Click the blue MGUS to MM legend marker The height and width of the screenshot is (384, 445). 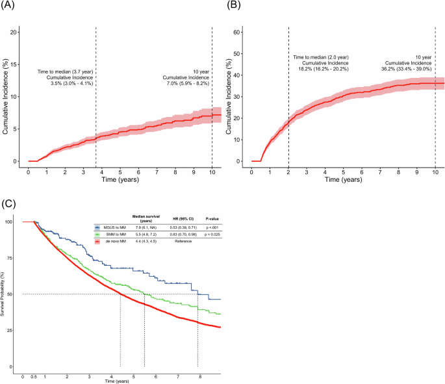(x=97, y=227)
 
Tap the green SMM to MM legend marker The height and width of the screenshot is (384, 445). (x=97, y=233)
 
